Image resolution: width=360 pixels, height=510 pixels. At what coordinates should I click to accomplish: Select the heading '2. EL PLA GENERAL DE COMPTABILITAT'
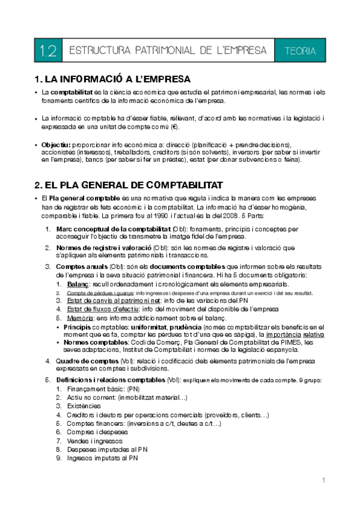129,184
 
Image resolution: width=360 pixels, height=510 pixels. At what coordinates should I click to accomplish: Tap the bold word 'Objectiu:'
56,145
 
